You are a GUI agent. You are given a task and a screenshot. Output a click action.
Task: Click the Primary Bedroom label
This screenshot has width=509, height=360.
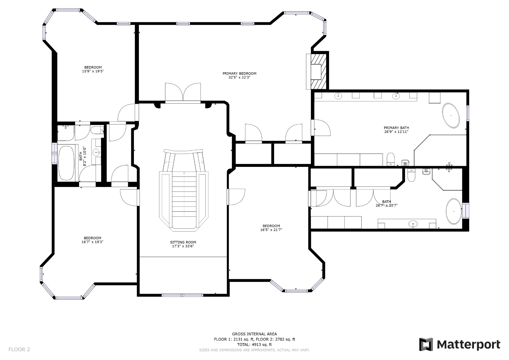coord(239,73)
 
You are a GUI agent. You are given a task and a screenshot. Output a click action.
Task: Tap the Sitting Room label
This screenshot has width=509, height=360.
coord(183,242)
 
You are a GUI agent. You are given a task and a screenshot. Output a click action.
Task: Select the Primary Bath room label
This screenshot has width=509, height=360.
coord(396,128)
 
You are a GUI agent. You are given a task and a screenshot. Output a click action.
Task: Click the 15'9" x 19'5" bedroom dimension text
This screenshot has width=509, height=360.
coord(93,71)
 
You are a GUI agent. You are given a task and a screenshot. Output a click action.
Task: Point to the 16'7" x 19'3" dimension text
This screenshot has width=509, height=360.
coord(93,242)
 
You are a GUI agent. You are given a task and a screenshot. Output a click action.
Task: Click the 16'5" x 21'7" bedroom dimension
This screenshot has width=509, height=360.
coord(271,230)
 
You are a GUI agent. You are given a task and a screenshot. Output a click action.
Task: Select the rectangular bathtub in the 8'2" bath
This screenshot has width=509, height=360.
coord(66,163)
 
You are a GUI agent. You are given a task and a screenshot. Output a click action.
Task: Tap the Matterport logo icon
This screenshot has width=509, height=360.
coord(426,344)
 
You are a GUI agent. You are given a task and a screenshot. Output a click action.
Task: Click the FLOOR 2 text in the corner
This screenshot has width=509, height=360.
coord(19,349)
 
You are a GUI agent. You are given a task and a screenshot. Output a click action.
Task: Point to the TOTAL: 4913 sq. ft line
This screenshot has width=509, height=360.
coord(254,345)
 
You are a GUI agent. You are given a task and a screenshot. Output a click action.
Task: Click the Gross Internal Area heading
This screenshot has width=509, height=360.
coord(254,334)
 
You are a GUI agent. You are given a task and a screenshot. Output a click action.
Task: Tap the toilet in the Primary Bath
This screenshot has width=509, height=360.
coord(391,159)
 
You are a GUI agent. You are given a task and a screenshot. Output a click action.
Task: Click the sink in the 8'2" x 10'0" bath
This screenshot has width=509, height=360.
coord(96,153)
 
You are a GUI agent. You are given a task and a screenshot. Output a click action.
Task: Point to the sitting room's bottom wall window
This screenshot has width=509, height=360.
coord(182,295)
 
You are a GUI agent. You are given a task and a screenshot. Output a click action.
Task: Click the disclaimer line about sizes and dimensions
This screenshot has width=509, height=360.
coord(254,350)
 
